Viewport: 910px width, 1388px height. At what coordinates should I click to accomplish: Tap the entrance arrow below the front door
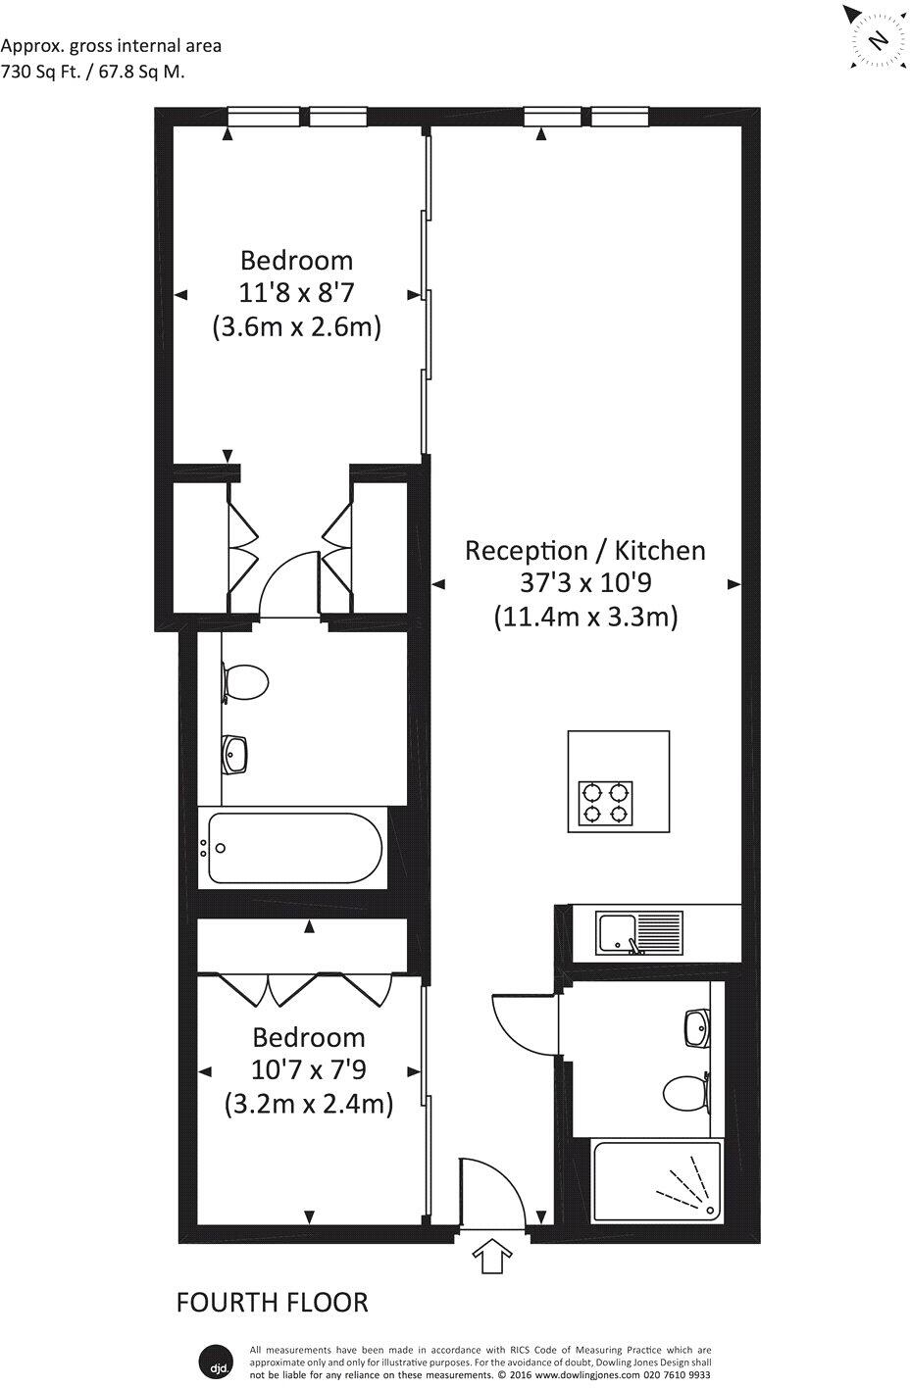493,1256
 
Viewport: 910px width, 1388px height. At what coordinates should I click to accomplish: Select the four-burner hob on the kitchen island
606,802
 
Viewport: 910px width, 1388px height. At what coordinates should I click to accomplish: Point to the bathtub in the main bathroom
294,848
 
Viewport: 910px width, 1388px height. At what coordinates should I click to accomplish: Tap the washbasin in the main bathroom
236,754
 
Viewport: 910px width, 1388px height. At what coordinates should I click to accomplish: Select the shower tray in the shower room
656,1180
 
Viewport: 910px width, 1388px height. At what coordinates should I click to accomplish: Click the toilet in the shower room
686,1093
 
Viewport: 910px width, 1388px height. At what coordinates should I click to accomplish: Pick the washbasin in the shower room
698,1028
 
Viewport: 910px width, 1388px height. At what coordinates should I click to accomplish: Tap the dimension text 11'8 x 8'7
296,293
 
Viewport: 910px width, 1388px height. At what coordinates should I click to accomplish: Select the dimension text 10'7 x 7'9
309,1070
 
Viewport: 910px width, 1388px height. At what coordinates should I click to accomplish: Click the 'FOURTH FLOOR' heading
272,1302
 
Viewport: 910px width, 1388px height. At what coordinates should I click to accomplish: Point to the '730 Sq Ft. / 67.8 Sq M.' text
93,71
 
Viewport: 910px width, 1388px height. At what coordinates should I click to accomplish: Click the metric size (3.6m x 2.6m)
296,326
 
